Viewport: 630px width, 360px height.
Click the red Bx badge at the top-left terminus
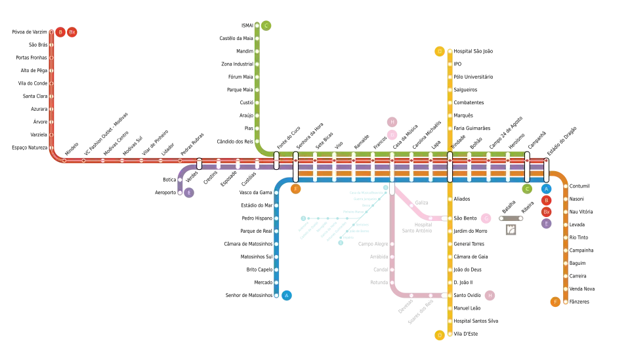coord(72,31)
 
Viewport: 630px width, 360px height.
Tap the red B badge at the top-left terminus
coord(60,31)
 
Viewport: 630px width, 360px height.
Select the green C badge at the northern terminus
coord(266,26)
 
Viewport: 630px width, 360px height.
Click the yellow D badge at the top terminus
coord(440,51)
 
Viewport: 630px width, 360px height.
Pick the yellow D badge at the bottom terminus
coord(440,335)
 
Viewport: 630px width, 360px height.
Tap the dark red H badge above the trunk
coord(392,122)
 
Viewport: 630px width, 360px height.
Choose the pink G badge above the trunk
coord(392,135)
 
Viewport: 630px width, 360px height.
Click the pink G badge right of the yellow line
coord(486,218)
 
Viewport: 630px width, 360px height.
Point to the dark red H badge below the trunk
coord(490,296)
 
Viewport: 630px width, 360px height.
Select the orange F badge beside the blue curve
coord(295,189)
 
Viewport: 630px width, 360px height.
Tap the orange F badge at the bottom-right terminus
coord(555,302)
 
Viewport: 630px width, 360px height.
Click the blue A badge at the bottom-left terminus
coord(286,295)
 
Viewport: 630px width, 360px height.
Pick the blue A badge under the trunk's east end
coord(546,189)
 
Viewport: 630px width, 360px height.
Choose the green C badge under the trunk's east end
coord(527,189)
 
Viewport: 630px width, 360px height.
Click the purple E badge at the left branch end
coord(188,193)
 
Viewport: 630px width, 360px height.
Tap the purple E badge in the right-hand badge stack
coord(546,224)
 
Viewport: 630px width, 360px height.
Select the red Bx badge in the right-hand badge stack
coord(546,212)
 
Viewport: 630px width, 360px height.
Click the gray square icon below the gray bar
coord(511,230)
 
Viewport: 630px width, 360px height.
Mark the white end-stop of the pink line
coord(444,218)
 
